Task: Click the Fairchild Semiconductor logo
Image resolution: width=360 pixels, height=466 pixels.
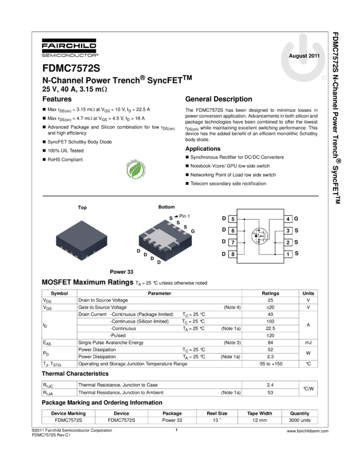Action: (x=70, y=48)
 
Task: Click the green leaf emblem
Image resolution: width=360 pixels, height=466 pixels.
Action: (x=135, y=169)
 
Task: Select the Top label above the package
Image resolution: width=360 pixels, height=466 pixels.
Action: (x=82, y=208)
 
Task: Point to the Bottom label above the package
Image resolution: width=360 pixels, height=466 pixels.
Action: (x=167, y=207)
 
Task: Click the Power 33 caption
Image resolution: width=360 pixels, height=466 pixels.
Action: (x=122, y=271)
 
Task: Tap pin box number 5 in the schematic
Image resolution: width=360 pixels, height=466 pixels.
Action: (x=233, y=219)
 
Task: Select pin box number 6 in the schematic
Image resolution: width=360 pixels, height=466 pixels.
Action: (x=233, y=231)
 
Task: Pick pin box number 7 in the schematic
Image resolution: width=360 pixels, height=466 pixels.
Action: (x=233, y=242)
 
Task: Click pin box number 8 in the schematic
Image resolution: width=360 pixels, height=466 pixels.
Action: (x=233, y=254)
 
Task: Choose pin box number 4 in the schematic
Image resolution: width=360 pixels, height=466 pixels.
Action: (x=288, y=219)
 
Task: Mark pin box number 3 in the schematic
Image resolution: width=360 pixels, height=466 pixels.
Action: (x=288, y=231)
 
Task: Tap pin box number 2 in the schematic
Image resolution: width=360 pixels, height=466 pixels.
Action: (x=288, y=242)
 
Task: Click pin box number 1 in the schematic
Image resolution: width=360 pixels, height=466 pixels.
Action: (x=288, y=254)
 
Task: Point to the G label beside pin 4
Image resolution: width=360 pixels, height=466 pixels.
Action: (x=296, y=219)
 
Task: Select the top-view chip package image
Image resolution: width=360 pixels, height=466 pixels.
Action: (x=82, y=240)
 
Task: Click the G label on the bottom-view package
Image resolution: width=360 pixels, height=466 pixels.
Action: (x=193, y=232)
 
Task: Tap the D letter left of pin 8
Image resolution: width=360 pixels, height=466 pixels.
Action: (x=224, y=254)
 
